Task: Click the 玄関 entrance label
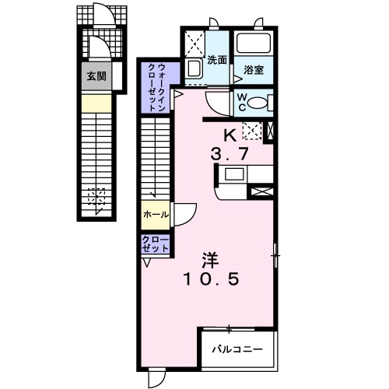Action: [x=96, y=76]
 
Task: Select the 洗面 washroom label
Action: [x=216, y=59]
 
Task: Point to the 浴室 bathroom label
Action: [x=253, y=68]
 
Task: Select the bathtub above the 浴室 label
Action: [x=252, y=44]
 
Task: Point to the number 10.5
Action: [x=210, y=278]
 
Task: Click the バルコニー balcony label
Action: [x=238, y=349]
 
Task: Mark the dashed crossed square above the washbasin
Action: [x=194, y=42]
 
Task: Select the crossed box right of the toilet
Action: [x=270, y=131]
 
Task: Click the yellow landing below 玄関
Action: [x=96, y=102]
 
